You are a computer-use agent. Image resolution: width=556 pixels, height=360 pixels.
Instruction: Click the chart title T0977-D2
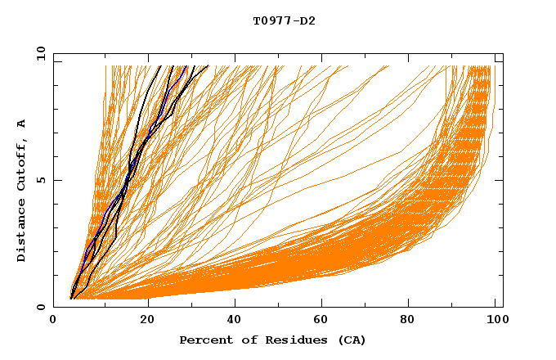(284, 20)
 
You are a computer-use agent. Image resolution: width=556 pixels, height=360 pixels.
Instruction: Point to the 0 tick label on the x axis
(53, 321)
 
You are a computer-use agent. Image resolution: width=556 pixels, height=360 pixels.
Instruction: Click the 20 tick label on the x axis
(147, 321)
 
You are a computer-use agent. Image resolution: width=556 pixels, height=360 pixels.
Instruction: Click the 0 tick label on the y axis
(41, 307)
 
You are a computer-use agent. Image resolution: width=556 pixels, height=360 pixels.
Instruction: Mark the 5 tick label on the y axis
(41, 180)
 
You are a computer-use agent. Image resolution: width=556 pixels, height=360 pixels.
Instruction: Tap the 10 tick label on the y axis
(38, 53)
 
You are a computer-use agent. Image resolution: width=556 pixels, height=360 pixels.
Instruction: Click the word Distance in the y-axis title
(22, 234)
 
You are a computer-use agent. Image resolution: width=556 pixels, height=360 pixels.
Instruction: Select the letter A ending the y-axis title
(22, 123)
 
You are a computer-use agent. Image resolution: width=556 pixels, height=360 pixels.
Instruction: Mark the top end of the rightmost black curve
(208, 66)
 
